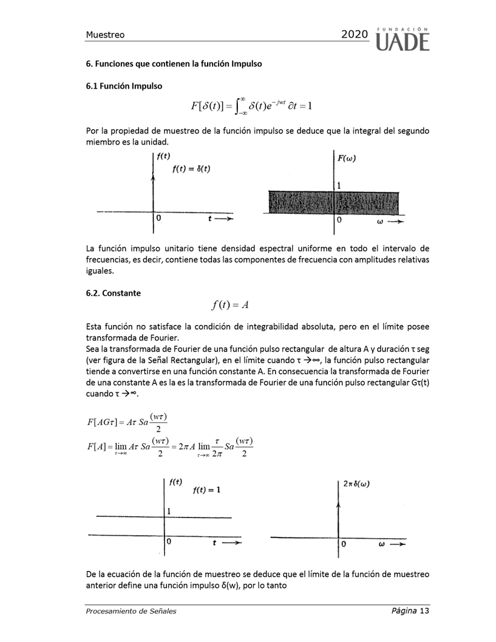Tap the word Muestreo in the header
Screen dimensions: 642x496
pos(105,35)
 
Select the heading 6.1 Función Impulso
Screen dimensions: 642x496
pos(124,86)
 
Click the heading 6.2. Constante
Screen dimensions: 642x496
pos(113,293)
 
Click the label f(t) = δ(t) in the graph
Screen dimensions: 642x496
pos(191,169)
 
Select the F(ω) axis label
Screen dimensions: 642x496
pos(347,159)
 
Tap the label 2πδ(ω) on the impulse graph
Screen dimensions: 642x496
pos(356,484)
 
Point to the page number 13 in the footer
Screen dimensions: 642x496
pos(424,610)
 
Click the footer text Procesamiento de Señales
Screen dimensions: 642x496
pos(131,611)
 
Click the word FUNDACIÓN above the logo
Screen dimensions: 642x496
pos(404,29)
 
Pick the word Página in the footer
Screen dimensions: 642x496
pos(404,610)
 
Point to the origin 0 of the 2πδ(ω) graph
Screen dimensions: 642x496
pos(344,545)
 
